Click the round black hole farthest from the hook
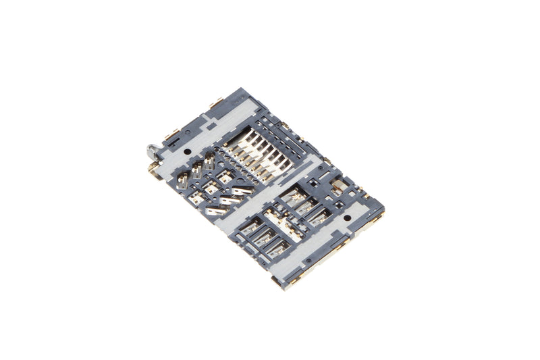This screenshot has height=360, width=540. (x=347, y=218)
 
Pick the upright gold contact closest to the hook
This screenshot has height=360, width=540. (x=183, y=179)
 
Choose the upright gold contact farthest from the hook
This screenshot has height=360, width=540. (x=209, y=161)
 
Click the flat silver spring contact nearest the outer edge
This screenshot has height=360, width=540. (x=215, y=211)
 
